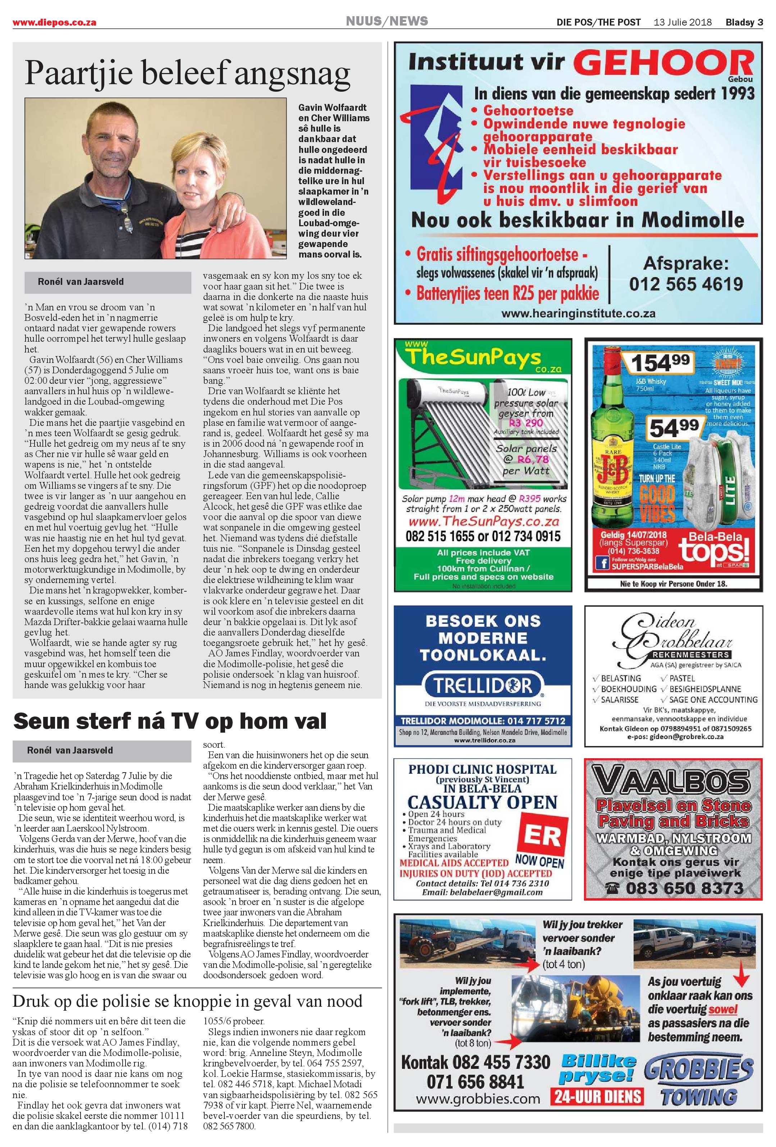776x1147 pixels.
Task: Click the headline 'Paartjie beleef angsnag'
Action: [187, 73]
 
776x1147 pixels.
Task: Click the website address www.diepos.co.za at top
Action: [54, 22]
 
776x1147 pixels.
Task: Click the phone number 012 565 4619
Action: [686, 284]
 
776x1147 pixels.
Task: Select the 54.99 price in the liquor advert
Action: [674, 427]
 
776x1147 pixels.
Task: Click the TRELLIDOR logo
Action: [483, 685]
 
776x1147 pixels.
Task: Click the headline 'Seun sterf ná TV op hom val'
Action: [170, 722]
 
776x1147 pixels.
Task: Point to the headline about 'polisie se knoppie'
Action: [187, 1001]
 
